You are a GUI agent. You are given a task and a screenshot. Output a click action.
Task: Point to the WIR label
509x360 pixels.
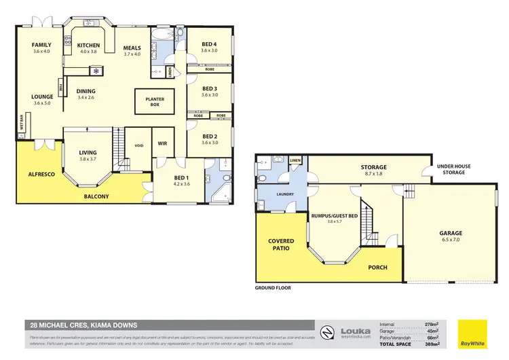162,143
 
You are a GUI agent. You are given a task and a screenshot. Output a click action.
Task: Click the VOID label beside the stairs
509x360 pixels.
138,145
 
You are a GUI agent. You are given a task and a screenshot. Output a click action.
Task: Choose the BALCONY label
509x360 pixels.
96,197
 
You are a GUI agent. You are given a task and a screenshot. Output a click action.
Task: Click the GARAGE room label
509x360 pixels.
450,233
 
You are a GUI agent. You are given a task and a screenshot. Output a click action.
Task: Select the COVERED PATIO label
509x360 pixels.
280,245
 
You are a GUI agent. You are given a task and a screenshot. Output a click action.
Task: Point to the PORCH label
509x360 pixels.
377,268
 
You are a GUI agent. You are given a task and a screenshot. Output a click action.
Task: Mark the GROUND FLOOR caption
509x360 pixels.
274,288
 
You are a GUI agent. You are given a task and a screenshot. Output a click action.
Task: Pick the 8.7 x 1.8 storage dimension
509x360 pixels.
373,175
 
